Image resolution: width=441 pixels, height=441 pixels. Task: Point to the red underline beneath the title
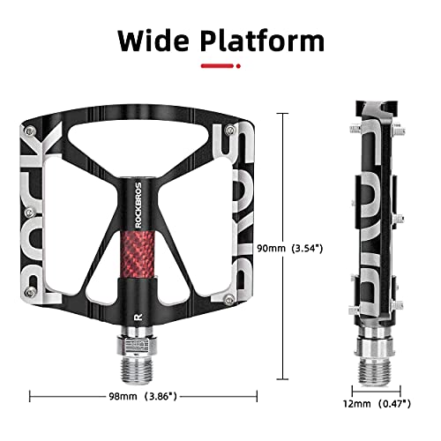tap(220, 65)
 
